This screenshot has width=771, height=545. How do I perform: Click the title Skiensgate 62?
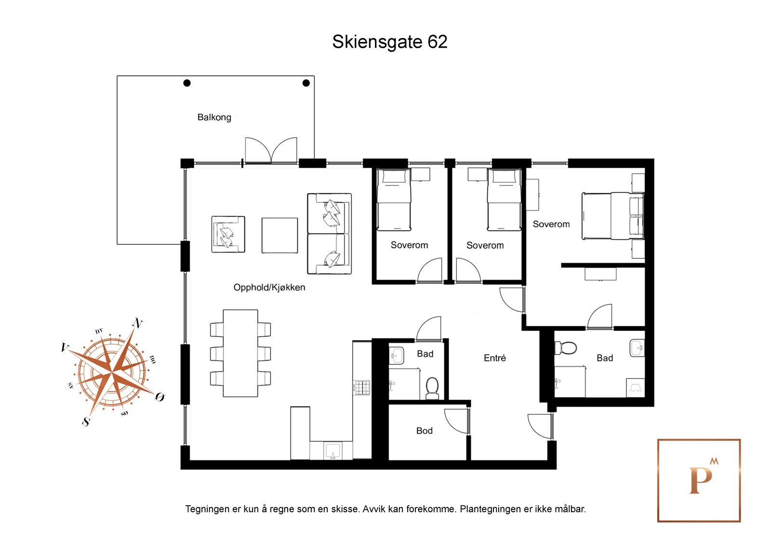pos(389,42)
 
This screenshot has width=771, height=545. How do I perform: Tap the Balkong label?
pos(214,117)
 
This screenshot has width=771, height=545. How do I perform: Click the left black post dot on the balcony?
pos(187,83)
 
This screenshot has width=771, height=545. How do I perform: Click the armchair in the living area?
pos(228,234)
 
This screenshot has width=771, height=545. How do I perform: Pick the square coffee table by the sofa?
pos(279,235)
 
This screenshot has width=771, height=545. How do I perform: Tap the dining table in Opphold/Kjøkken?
pos(240,353)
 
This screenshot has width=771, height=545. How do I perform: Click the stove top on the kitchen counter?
pos(362,387)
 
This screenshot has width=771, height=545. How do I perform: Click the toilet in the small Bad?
pos(432,388)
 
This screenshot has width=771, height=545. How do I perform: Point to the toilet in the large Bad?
pos(566,347)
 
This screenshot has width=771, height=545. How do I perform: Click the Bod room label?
pos(424,431)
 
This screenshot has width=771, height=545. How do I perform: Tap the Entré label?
pos(494,358)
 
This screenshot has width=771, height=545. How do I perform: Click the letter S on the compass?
pos(86,421)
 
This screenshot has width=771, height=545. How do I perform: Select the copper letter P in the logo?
pos(700,480)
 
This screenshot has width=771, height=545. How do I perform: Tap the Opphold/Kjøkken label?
pos(269,288)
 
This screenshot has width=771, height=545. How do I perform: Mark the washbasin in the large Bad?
pos(637,347)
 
